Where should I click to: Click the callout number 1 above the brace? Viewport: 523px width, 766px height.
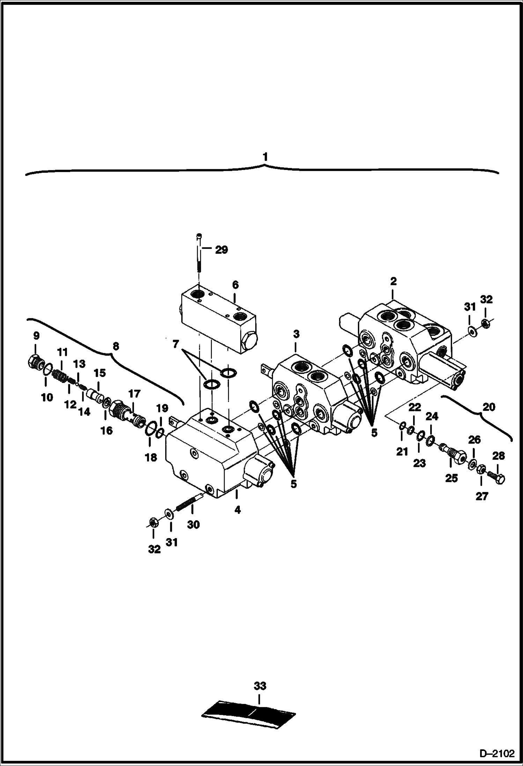tap(266, 157)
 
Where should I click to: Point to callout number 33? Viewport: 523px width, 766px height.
tap(260, 686)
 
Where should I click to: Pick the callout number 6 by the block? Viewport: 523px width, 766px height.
tap(235, 285)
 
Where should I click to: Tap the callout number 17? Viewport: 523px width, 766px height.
tap(134, 394)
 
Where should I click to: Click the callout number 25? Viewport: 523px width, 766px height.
tap(451, 478)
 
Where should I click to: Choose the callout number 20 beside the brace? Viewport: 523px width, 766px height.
tap(488, 407)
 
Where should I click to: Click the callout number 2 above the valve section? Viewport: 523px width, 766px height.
tap(393, 281)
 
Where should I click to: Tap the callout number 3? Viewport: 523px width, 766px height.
tap(296, 334)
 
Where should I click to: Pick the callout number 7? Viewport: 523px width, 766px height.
tap(176, 345)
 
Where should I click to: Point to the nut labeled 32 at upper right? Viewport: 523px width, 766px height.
tap(485, 324)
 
